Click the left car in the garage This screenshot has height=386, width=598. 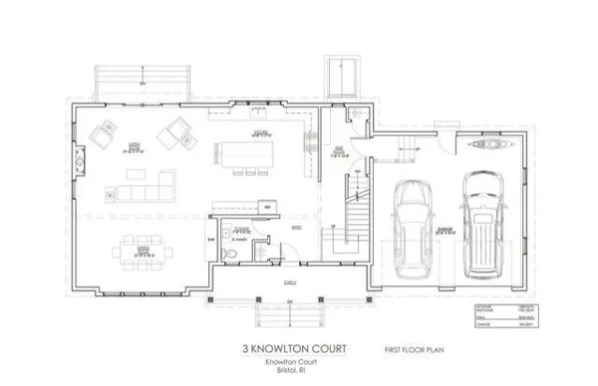point(412,229)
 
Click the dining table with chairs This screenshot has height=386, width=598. point(143,249)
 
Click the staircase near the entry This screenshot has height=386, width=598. point(351,209)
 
